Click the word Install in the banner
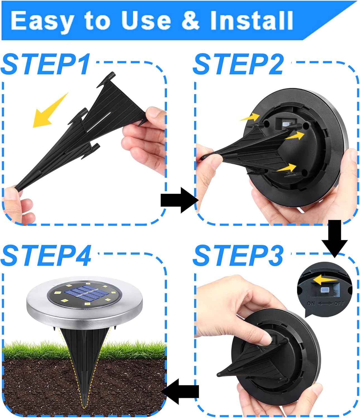coord(251,21)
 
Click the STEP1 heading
coord(46,64)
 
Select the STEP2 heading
coord(238,64)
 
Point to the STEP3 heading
coord(238,255)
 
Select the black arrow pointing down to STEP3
coord(334,237)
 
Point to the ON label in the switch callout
coord(311,303)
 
